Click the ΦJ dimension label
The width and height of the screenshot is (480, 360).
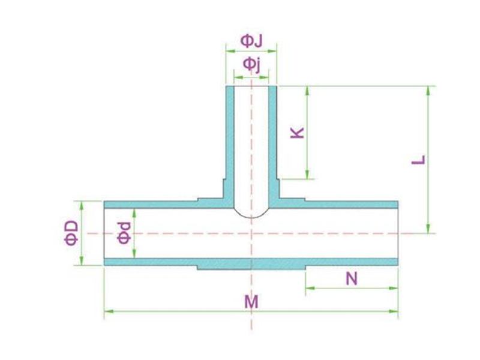pyautogui.click(x=251, y=41)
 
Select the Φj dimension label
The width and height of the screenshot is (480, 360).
pyautogui.click(x=251, y=65)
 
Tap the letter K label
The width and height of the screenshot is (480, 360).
pyautogui.click(x=297, y=132)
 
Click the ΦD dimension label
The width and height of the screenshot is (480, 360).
pyautogui.click(x=71, y=233)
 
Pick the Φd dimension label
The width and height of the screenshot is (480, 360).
pyautogui.click(x=124, y=233)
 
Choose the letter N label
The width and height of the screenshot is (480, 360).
pyautogui.click(x=352, y=279)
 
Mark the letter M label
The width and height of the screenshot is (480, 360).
pyautogui.click(x=251, y=302)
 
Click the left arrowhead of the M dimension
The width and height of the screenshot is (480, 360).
pyautogui.click(x=109, y=311)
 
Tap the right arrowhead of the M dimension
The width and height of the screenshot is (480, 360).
pyautogui.click(x=394, y=311)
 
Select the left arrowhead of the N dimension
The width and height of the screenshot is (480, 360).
pyautogui.click(x=310, y=288)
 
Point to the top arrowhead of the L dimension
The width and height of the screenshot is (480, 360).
pyautogui.click(x=428, y=91)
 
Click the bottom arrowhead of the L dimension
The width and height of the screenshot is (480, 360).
pyautogui.click(x=428, y=229)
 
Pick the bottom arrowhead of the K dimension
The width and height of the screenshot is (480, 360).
pyautogui.click(x=308, y=175)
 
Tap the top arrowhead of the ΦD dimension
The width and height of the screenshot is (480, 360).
pyautogui.click(x=82, y=206)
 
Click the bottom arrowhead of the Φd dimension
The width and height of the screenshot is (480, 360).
pyautogui.click(x=134, y=253)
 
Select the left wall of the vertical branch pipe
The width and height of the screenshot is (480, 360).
pyautogui.click(x=230, y=144)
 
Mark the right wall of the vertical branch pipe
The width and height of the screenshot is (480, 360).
pyautogui.click(x=273, y=144)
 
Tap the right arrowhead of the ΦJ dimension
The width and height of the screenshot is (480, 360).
pyautogui.click(x=272, y=51)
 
